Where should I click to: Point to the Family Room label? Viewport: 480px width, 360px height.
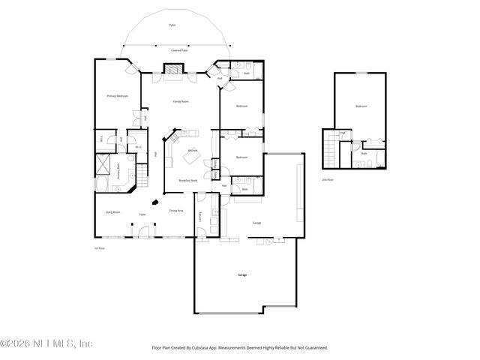[x=181, y=101]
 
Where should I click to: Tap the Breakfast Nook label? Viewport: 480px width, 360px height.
[x=187, y=181]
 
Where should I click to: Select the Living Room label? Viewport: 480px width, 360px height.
[x=113, y=212]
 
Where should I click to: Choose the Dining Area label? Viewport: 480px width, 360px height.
[x=177, y=211]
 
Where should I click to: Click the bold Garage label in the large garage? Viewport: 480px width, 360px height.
[x=242, y=275]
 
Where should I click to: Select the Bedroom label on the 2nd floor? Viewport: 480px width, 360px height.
[x=361, y=106]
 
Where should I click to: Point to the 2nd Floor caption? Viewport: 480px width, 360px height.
[x=328, y=181]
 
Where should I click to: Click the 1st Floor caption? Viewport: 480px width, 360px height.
[x=97, y=247]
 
